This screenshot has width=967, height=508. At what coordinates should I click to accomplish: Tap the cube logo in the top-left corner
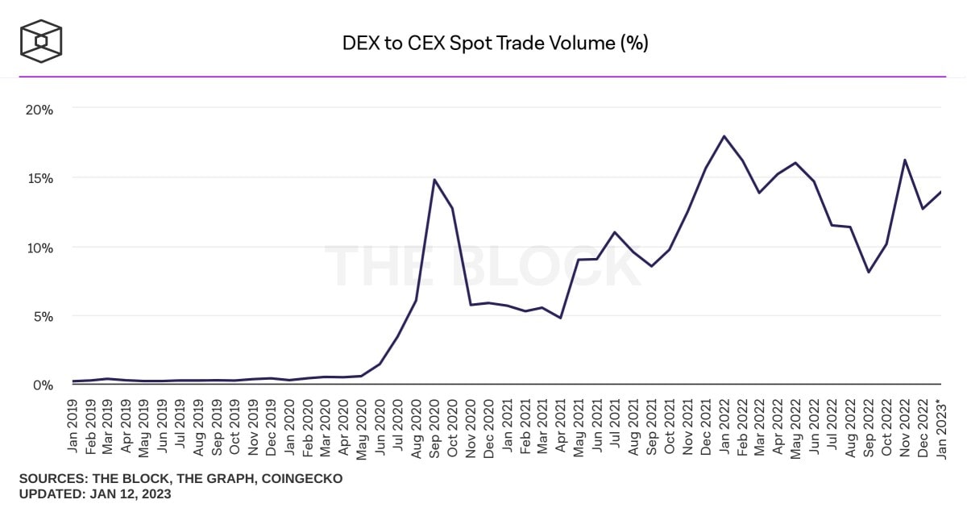pos(41,41)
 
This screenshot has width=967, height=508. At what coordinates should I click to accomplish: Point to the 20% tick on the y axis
pos(39,109)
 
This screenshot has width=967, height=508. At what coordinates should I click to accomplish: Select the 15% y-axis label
pos(39,178)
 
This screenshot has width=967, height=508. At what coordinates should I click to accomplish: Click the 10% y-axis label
pos(39,248)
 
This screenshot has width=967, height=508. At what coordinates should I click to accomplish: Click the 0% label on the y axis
pos(42,386)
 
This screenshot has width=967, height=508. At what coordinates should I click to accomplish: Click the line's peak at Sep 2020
pos(435,180)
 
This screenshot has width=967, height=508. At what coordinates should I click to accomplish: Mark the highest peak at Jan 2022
pos(724,136)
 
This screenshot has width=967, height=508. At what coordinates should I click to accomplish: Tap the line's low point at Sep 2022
pos(868,272)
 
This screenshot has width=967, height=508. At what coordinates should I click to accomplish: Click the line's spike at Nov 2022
pos(904,160)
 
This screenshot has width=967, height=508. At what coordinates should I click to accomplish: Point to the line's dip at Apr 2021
pos(561,318)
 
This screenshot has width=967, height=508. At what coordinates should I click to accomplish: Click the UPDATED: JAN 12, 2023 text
pos(95,494)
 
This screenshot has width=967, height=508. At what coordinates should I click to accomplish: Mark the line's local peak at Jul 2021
pos(615,232)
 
